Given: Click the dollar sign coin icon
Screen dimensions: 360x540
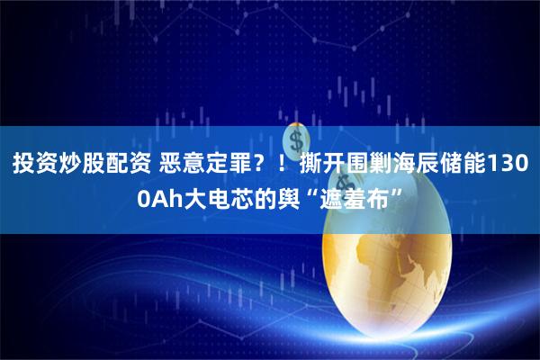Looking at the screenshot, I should click(294, 139).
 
